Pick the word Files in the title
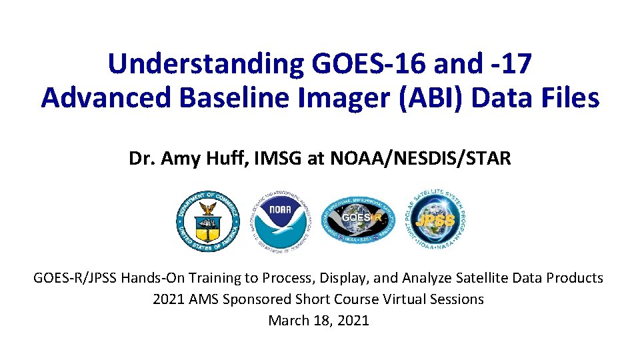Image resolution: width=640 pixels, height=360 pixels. coord(568,98)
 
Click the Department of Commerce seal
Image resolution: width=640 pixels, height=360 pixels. coord(208,221)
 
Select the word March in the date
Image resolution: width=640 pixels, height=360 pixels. coord(288,321)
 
